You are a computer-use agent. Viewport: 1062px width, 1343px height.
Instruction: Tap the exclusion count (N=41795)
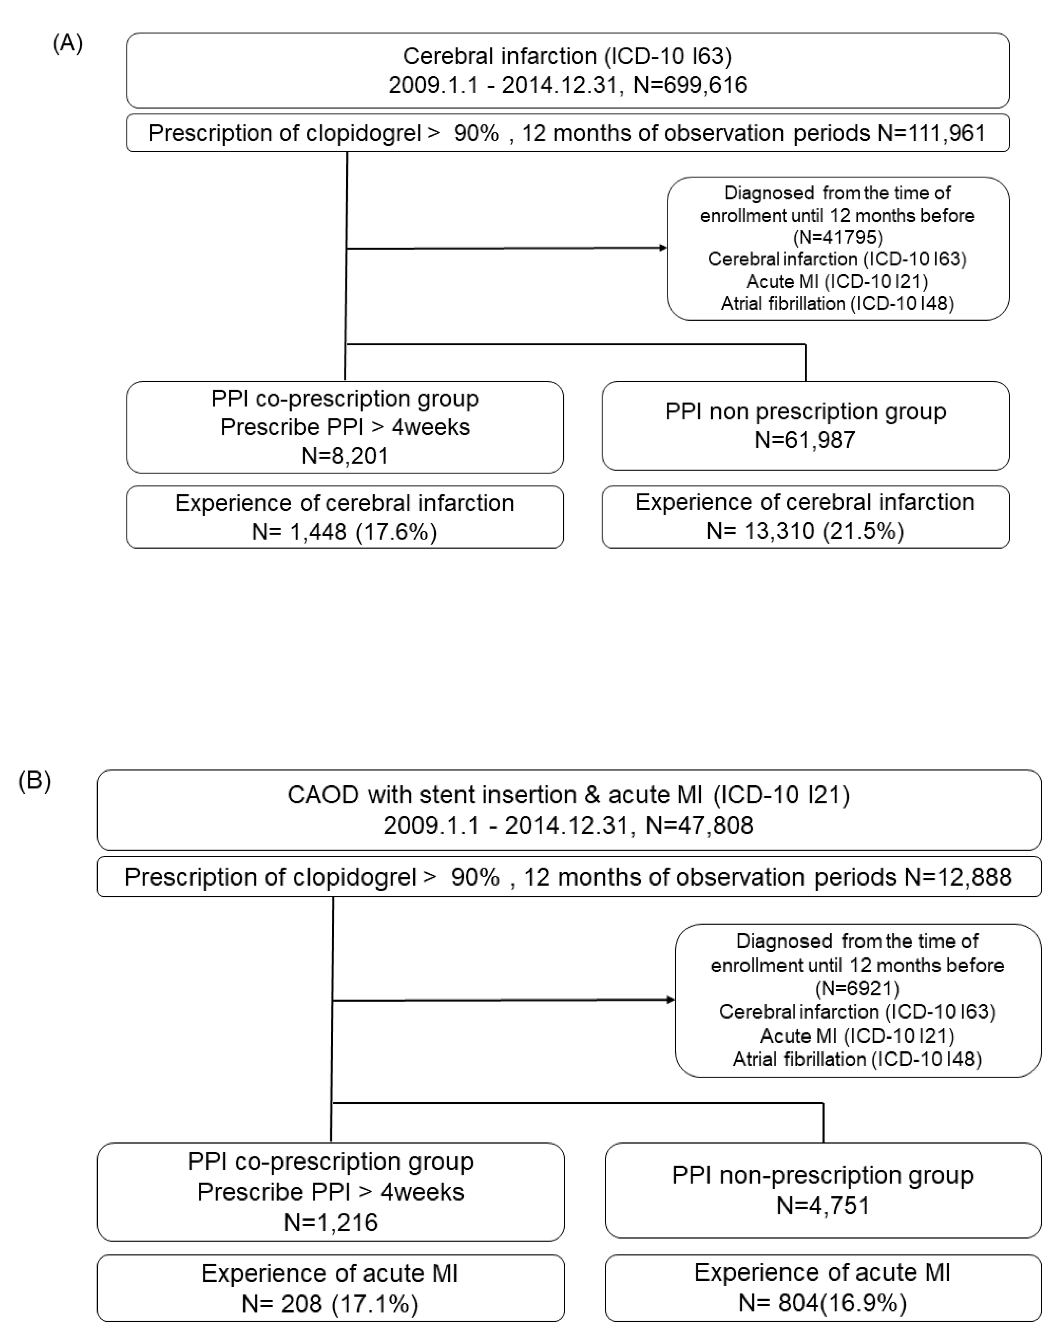point(837,237)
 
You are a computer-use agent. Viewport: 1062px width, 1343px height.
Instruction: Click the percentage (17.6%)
point(397,532)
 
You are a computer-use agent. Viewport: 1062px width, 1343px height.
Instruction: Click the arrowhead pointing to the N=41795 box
point(663,248)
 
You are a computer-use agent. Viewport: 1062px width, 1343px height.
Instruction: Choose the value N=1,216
point(331,1223)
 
